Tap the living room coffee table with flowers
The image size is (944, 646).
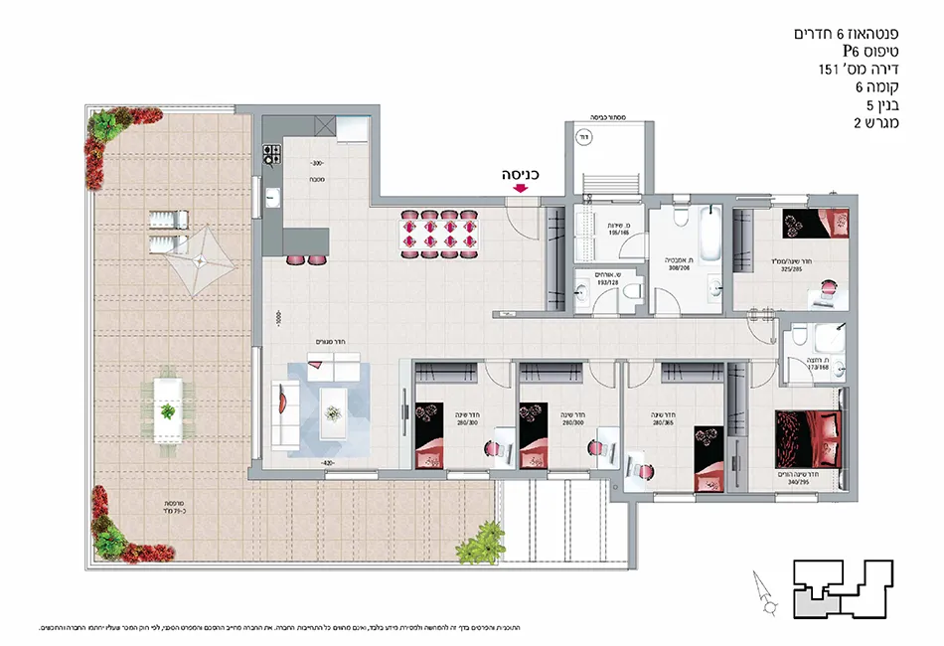pyautogui.click(x=335, y=403)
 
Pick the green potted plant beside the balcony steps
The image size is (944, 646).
pyautogui.click(x=484, y=544)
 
